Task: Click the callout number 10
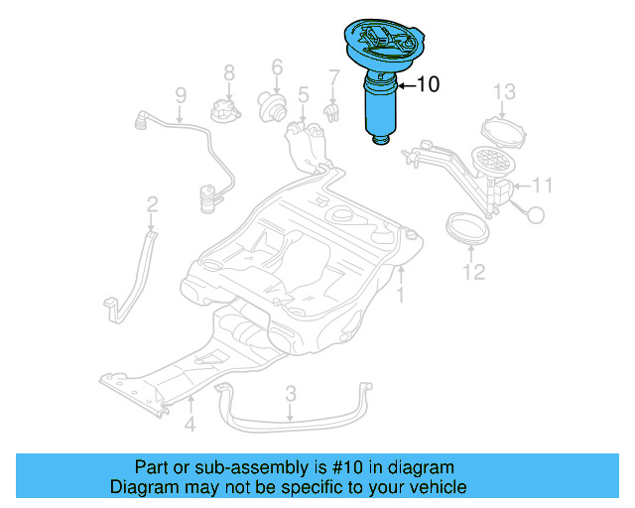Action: [x=427, y=85]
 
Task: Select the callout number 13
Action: [x=504, y=92]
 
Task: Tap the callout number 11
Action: [x=542, y=186]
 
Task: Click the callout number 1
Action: [x=401, y=296]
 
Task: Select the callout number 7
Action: [x=334, y=76]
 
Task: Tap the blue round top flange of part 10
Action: [x=383, y=40]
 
